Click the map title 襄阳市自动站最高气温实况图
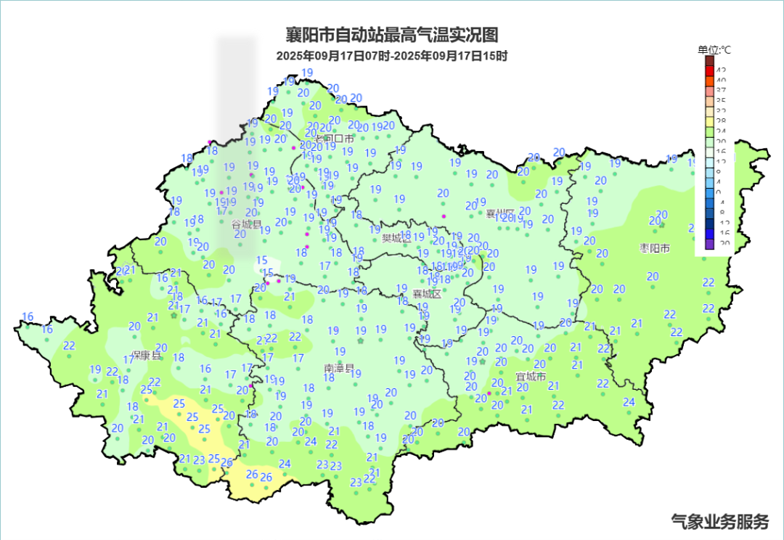(392, 35)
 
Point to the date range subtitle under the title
(392, 56)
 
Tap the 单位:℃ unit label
(714, 49)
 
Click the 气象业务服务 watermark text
(719, 521)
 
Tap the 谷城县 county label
(246, 225)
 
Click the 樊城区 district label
(396, 238)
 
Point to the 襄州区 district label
(499, 213)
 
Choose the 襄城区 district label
(427, 294)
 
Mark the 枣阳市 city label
(654, 248)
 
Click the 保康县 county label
(146, 356)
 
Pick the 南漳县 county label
(339, 369)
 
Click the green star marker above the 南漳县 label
(361, 341)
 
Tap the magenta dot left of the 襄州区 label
(444, 216)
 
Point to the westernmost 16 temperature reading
(28, 316)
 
